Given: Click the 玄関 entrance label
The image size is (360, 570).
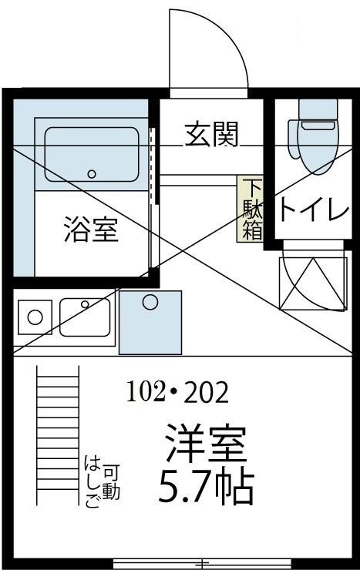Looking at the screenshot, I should [210, 135].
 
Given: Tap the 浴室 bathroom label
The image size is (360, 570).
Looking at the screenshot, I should [91, 230].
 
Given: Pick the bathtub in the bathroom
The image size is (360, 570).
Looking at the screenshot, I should [92, 154].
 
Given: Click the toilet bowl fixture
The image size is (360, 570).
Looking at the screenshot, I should [315, 139].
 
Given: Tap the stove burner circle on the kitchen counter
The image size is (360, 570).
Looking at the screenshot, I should [34, 317].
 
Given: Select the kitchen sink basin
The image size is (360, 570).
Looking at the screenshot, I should [85, 317].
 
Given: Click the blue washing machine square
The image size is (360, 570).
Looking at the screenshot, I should [150, 321].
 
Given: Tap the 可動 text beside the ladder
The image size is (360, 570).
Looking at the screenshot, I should [111, 482].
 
